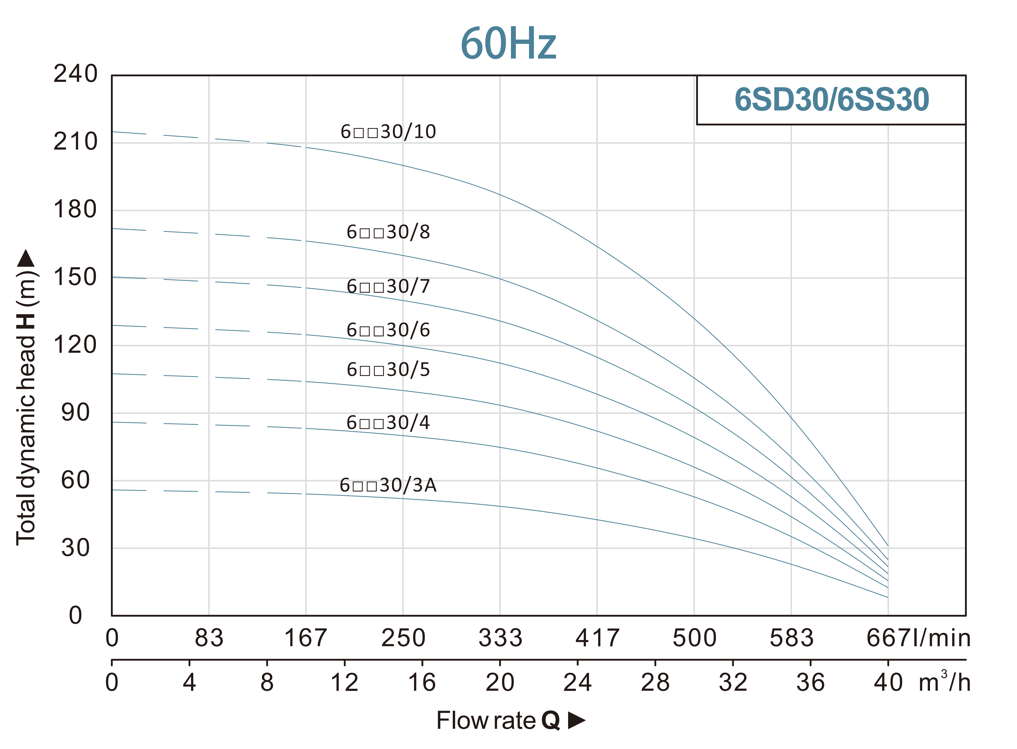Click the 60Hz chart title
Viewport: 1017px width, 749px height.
pos(508,44)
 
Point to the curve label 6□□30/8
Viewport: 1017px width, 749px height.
pos(388,232)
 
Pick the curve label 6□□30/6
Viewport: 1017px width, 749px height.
pos(388,330)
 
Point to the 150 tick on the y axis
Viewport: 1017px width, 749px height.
pos(75,277)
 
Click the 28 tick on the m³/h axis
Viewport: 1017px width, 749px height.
pos(655,682)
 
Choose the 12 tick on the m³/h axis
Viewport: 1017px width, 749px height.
pos(345,682)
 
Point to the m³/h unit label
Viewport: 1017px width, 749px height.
pos(944,682)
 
